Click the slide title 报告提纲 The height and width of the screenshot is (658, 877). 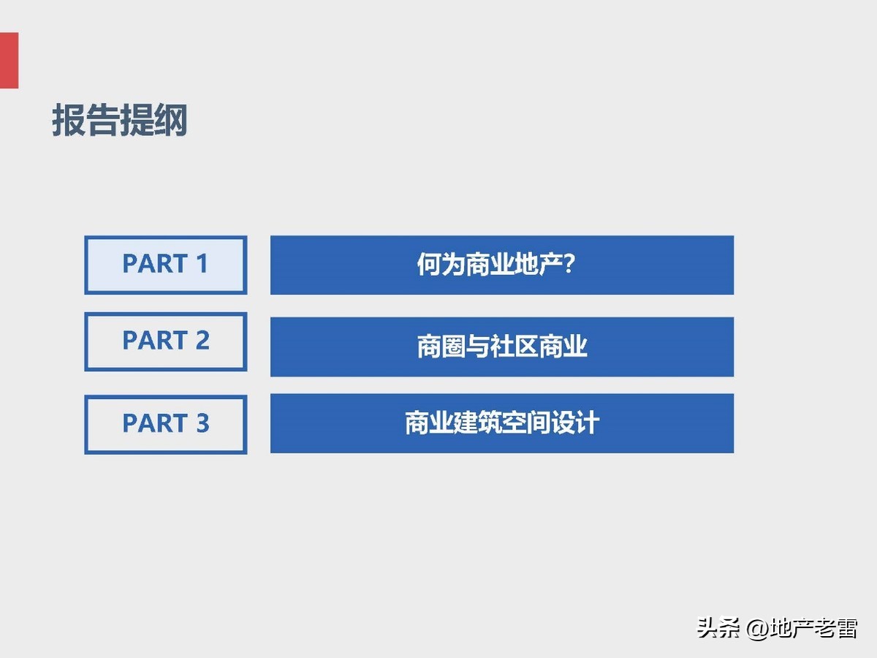(x=120, y=121)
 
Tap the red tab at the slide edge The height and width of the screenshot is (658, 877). (x=9, y=60)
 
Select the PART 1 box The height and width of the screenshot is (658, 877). (x=165, y=265)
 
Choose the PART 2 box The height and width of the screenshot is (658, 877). (x=165, y=341)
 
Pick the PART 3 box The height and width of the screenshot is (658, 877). (x=165, y=424)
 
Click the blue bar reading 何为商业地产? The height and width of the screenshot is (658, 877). (x=501, y=265)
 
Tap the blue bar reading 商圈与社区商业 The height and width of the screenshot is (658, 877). (x=501, y=347)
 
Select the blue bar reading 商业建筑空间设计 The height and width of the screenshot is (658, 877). (x=501, y=423)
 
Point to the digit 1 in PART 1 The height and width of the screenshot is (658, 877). (x=202, y=264)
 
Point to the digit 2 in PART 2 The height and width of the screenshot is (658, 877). (x=202, y=341)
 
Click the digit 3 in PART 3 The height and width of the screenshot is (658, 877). (x=202, y=423)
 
